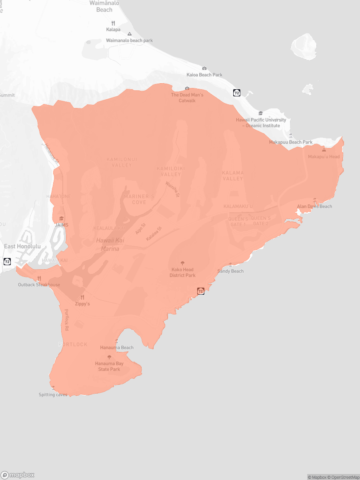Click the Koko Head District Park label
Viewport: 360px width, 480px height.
point(182,272)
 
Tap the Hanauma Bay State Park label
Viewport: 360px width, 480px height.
point(109,366)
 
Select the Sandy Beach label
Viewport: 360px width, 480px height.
point(230,271)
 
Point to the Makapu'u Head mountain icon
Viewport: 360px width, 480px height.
point(324,150)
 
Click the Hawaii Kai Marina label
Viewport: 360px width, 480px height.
point(108,244)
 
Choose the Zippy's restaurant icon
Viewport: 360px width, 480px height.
point(82,297)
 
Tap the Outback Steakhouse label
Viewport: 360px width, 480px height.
point(39,285)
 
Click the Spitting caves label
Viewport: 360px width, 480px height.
point(53,395)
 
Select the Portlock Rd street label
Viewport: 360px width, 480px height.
point(66,320)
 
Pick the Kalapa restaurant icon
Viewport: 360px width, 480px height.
point(113,23)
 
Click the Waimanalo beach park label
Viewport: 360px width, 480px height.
point(129,40)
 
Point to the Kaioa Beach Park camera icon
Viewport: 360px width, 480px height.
point(204,68)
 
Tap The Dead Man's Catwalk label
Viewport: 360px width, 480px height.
point(187,98)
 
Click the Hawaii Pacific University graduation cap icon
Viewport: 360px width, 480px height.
point(261,113)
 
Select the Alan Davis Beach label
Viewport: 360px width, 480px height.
point(314,206)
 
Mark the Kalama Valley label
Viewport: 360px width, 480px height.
point(233,176)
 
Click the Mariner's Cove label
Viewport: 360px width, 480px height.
point(139,199)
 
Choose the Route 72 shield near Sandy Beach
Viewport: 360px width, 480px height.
point(201,291)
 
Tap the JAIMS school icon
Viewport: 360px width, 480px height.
point(62,218)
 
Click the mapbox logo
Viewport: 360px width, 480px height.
point(18,475)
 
